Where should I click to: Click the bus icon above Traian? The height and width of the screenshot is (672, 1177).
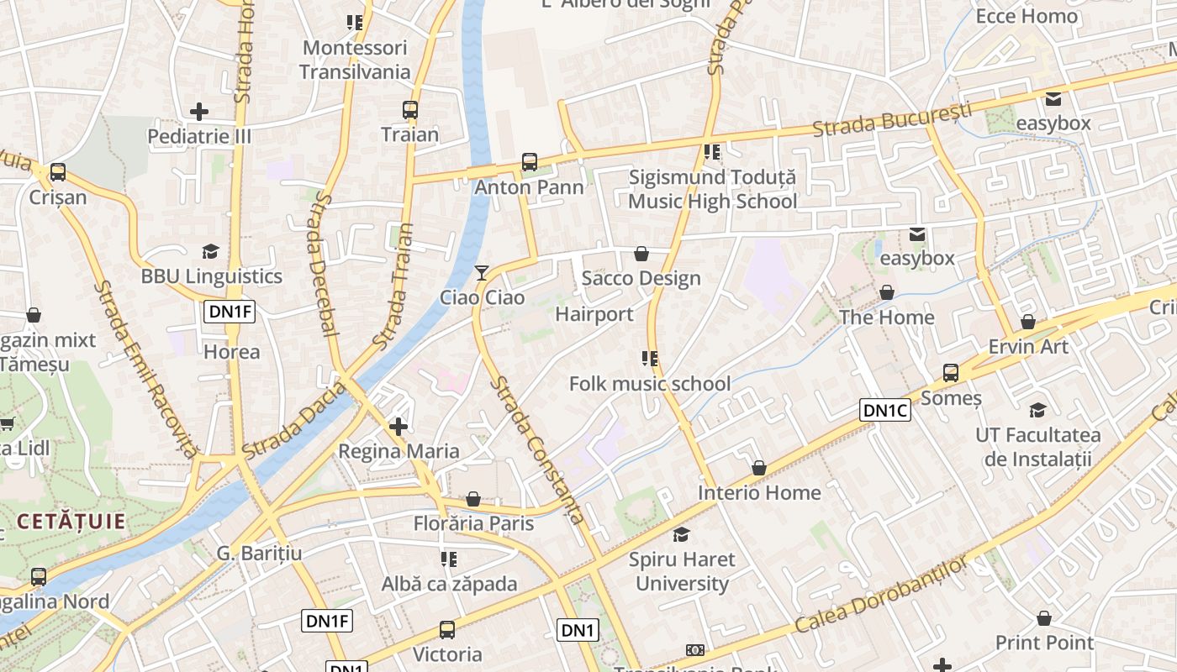[x=410, y=110]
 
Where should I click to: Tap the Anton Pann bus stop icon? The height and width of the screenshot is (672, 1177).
[x=530, y=162]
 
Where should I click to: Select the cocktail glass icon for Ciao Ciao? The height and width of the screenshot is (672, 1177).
[x=482, y=273]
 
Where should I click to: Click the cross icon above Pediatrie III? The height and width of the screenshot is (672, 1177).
[x=199, y=111]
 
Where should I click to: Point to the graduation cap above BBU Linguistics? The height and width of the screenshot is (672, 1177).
[x=210, y=252]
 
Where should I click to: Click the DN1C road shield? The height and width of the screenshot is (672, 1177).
[x=885, y=410]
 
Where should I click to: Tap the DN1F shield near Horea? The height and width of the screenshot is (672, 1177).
[x=230, y=312]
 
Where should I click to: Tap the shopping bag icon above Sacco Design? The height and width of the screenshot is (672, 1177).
[x=641, y=254]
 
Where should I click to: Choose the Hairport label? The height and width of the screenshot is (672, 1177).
[x=594, y=314]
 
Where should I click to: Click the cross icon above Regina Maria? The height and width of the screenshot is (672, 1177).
[x=398, y=427]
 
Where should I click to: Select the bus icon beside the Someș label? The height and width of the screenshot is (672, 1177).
[x=951, y=373]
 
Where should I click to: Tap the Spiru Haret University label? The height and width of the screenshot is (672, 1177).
[x=682, y=571]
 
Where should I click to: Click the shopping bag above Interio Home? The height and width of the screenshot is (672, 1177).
[x=759, y=468]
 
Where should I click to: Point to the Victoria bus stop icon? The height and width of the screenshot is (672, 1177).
[x=447, y=630]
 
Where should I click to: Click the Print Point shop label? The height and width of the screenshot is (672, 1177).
[x=1044, y=643]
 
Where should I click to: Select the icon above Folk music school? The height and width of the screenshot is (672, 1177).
[x=649, y=359]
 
